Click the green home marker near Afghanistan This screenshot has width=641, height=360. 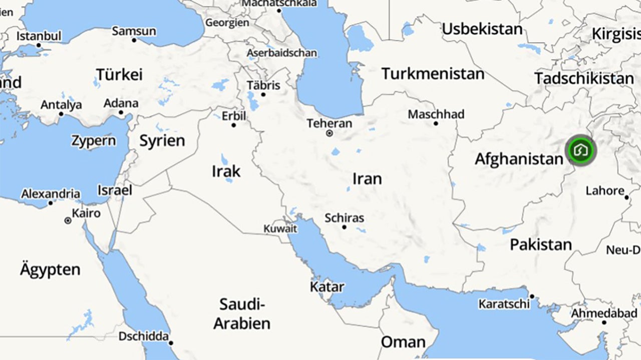pyautogui.click(x=581, y=150)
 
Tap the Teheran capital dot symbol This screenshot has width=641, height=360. pyautogui.click(x=330, y=133)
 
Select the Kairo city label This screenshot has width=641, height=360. pyautogui.click(x=86, y=213)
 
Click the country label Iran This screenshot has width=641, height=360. pyautogui.click(x=367, y=179)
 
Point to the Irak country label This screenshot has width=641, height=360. pyautogui.click(x=226, y=171)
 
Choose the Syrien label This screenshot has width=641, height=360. pyautogui.click(x=162, y=141)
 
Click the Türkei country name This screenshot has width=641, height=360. pyautogui.click(x=119, y=75)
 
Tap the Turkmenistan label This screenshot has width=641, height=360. pyautogui.click(x=433, y=74)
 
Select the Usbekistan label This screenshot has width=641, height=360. pyautogui.click(x=482, y=29)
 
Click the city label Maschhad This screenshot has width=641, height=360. pyautogui.click(x=436, y=114)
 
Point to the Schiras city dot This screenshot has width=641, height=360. pyautogui.click(x=344, y=227)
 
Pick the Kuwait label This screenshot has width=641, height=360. pyautogui.click(x=280, y=229)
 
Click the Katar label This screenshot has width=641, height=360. pyautogui.click(x=327, y=287)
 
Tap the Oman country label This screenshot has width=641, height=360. pyautogui.click(x=403, y=342)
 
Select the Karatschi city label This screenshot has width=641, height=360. pyautogui.click(x=504, y=304)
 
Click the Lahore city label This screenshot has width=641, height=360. pyautogui.click(x=605, y=191)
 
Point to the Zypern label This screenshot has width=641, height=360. pyautogui.click(x=93, y=141)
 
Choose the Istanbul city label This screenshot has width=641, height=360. pyautogui.click(x=39, y=36)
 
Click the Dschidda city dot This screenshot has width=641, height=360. pyautogui.click(x=171, y=343)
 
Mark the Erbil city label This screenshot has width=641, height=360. pyautogui.click(x=234, y=116)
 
